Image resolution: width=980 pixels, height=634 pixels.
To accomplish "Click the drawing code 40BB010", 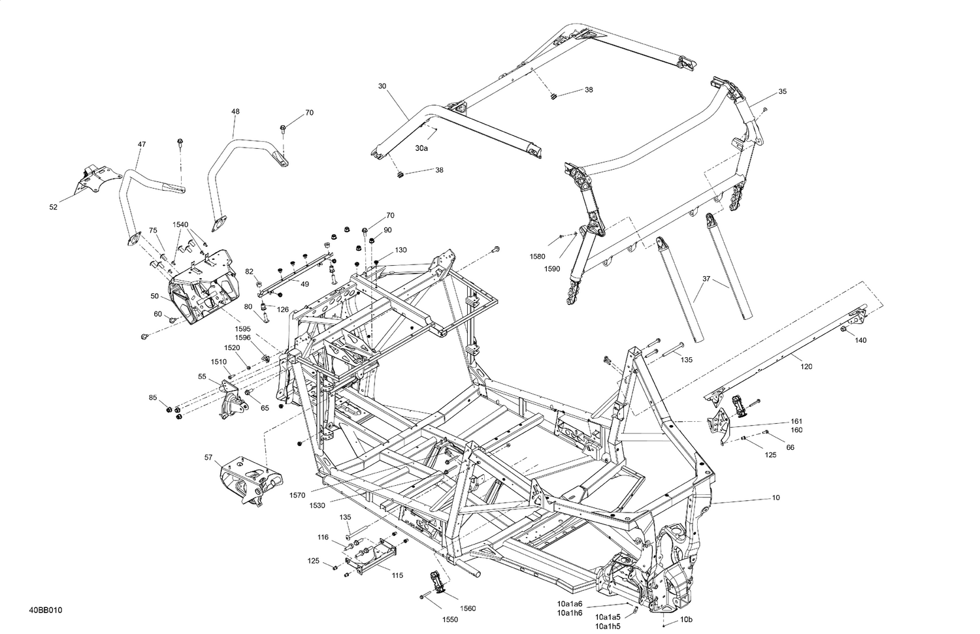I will tap(45, 610).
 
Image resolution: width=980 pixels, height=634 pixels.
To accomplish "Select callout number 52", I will tap(54, 207).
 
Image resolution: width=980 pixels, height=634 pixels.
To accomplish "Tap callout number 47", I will tap(142, 144).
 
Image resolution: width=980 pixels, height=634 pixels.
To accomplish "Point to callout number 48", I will tap(235, 112).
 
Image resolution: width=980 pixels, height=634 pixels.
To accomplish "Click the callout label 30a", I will tap(421, 149).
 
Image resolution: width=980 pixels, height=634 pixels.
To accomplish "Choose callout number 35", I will tap(783, 91).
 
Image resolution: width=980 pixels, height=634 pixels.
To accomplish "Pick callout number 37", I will tap(706, 279).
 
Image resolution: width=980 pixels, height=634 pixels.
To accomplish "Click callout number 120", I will tap(806, 366).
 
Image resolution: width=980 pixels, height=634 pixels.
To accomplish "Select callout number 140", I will tap(861, 340).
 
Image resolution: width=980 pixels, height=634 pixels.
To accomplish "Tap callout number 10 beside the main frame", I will tap(776, 498).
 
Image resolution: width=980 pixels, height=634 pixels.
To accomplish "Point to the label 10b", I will tap(686, 618).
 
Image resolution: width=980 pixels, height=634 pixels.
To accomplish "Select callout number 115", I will tap(397, 575).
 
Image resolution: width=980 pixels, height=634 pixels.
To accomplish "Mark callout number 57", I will tap(208, 458).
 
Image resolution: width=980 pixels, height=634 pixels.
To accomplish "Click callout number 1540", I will tap(180, 224).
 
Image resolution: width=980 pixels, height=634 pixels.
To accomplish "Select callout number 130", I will tap(400, 250).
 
